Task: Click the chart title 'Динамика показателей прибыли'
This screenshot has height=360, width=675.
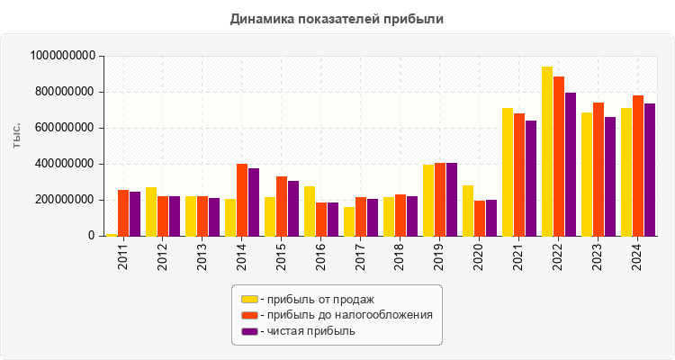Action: (337, 18)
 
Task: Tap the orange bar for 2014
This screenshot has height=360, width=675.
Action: (242, 200)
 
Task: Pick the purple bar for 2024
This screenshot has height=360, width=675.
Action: (650, 170)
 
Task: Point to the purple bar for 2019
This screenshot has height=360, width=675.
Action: (452, 200)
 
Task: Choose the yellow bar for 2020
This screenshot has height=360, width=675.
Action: (468, 211)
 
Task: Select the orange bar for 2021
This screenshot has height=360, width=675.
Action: (519, 175)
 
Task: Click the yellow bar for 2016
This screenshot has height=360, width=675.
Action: (310, 211)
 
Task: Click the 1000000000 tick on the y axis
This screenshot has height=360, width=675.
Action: (63, 56)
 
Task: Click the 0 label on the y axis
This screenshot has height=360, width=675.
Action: (92, 236)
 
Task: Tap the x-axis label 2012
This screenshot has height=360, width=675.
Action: (163, 257)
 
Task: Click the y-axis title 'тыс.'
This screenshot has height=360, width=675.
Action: (17, 139)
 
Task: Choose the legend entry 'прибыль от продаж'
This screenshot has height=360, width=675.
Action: (316, 299)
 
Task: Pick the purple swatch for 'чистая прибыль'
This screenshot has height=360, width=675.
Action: (249, 331)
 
